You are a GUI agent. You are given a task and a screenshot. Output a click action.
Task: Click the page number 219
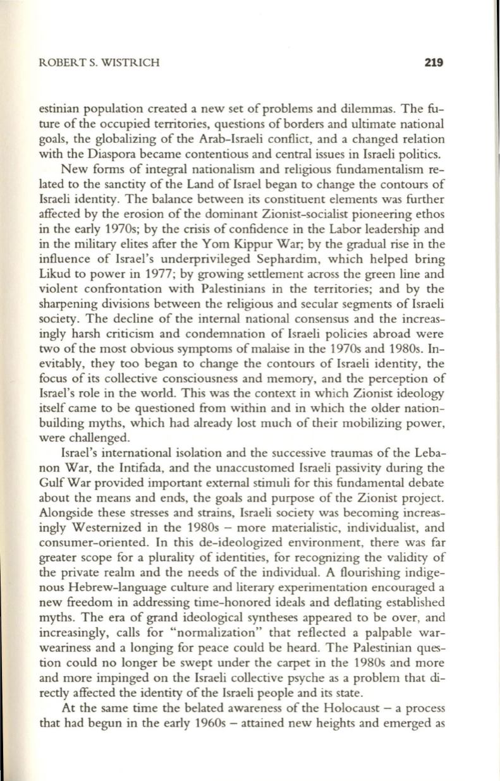[x=437, y=63]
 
